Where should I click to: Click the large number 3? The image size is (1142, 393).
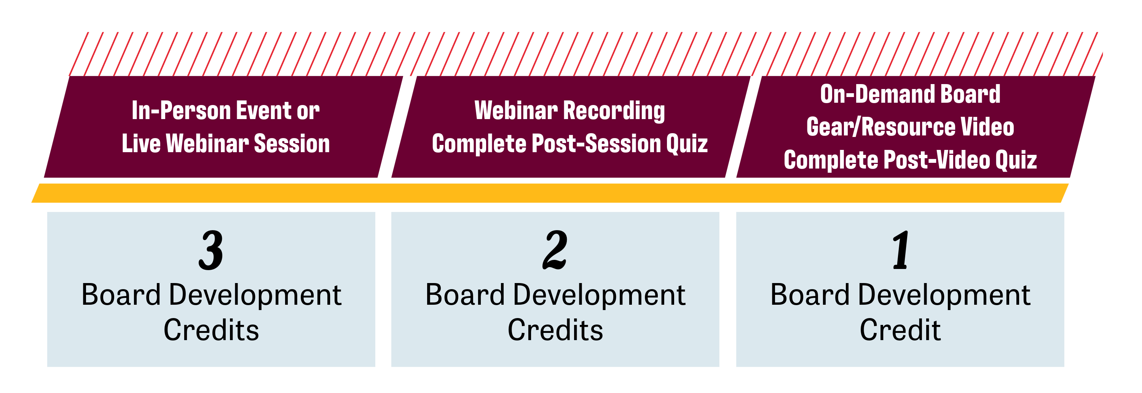pyautogui.click(x=211, y=250)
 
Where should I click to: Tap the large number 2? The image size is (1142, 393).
pyautogui.click(x=555, y=250)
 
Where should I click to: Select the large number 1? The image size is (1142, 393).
pyautogui.click(x=900, y=250)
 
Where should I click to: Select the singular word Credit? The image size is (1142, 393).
pyautogui.click(x=900, y=330)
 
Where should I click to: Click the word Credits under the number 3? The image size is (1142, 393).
pyautogui.click(x=211, y=330)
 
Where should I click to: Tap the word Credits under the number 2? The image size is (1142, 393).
pyautogui.click(x=555, y=330)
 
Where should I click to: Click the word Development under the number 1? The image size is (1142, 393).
pyautogui.click(x=944, y=296)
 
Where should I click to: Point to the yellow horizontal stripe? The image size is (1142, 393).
pyautogui.click(x=550, y=193)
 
